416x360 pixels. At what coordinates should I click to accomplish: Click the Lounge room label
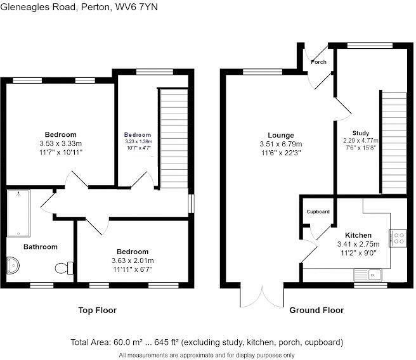(281, 135)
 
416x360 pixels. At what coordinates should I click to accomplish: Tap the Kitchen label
(358, 235)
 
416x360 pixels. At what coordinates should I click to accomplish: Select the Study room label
(361, 133)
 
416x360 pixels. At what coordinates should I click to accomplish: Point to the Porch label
(318, 61)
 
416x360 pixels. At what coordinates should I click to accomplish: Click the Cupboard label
(318, 212)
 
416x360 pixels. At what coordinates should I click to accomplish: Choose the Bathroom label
(41, 247)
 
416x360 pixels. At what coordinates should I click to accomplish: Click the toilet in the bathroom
(64, 268)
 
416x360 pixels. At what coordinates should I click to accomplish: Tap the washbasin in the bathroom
(13, 265)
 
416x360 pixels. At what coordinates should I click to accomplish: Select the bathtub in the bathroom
(18, 213)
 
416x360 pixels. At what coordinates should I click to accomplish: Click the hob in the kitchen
(398, 238)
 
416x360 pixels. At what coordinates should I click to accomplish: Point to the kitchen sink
(368, 274)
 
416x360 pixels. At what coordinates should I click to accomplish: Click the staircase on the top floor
(174, 138)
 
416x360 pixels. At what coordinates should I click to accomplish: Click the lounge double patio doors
(262, 297)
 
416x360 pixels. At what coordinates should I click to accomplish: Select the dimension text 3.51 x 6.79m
(281, 145)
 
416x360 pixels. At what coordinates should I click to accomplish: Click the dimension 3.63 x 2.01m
(133, 260)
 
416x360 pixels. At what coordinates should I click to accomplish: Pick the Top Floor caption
(98, 310)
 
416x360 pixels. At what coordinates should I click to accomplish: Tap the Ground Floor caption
(316, 310)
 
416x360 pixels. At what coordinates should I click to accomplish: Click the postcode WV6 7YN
(136, 6)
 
